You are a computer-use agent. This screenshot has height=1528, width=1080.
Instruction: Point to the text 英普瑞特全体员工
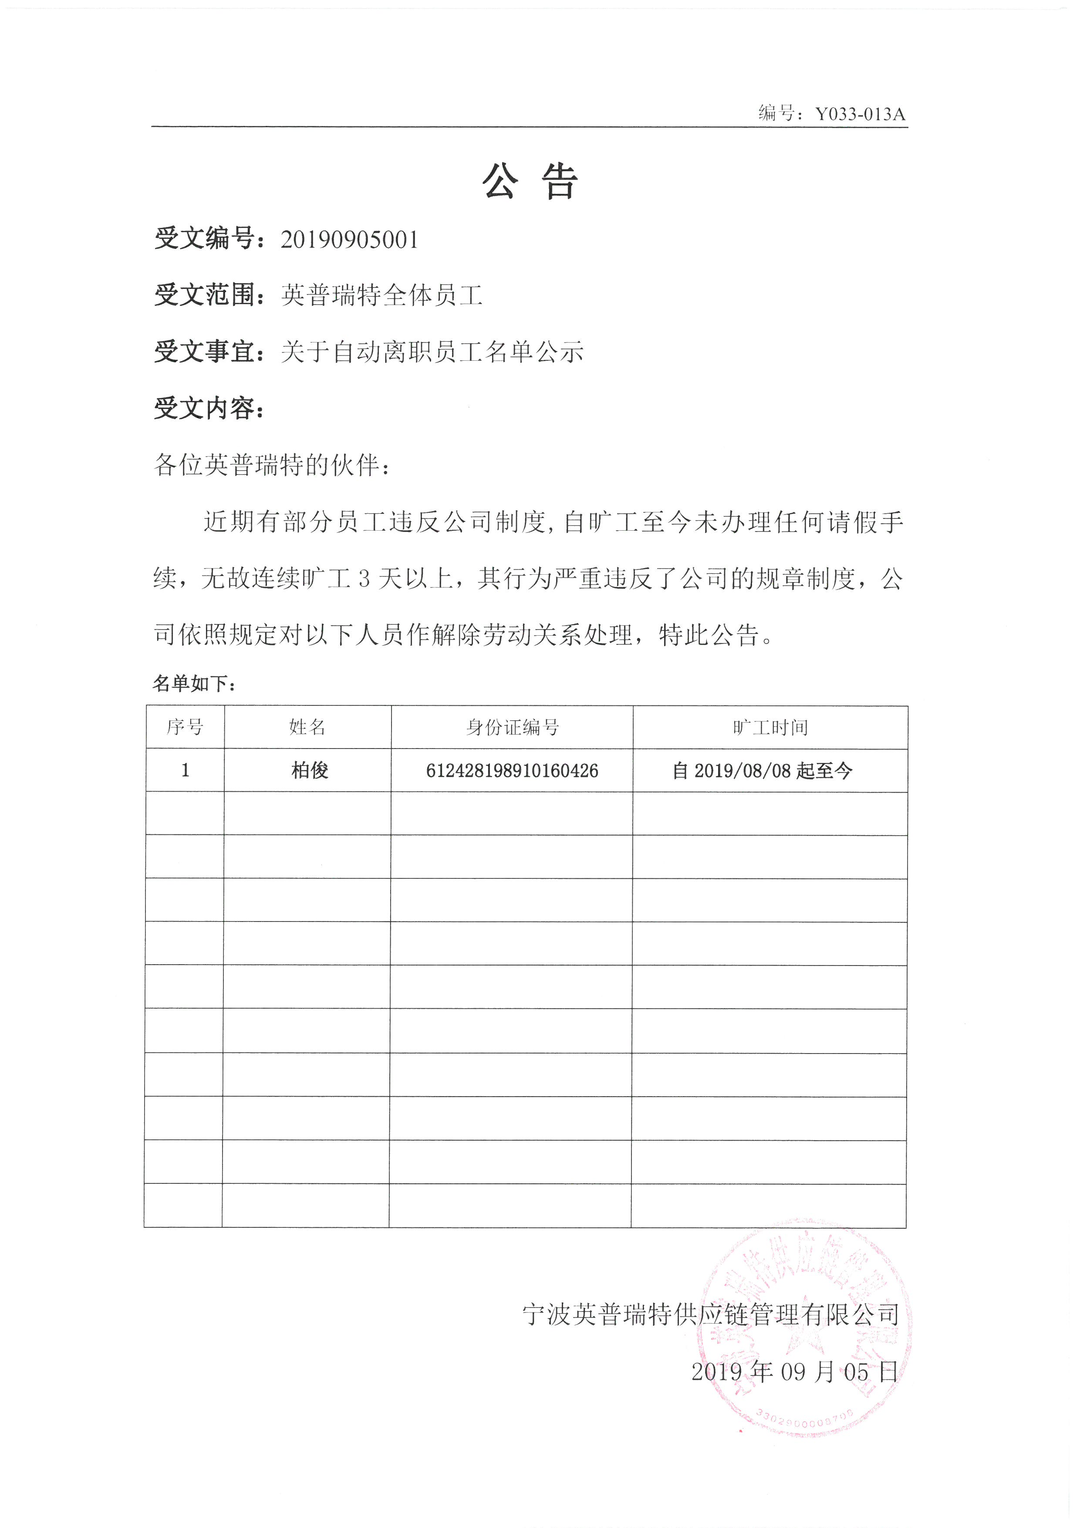pos(382,295)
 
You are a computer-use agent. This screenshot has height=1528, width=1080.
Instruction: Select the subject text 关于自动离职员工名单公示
pos(432,351)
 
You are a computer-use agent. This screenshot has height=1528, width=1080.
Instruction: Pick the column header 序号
pos(185,727)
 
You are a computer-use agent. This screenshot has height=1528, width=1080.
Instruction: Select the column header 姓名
pos(307,727)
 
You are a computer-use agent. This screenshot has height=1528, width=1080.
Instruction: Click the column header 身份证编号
pos(512,727)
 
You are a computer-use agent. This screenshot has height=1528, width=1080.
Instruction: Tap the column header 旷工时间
pos(770,727)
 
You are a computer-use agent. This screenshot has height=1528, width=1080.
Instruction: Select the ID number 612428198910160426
pos(512,771)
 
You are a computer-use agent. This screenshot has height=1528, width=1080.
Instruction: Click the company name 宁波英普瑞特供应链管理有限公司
pos(711,1315)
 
